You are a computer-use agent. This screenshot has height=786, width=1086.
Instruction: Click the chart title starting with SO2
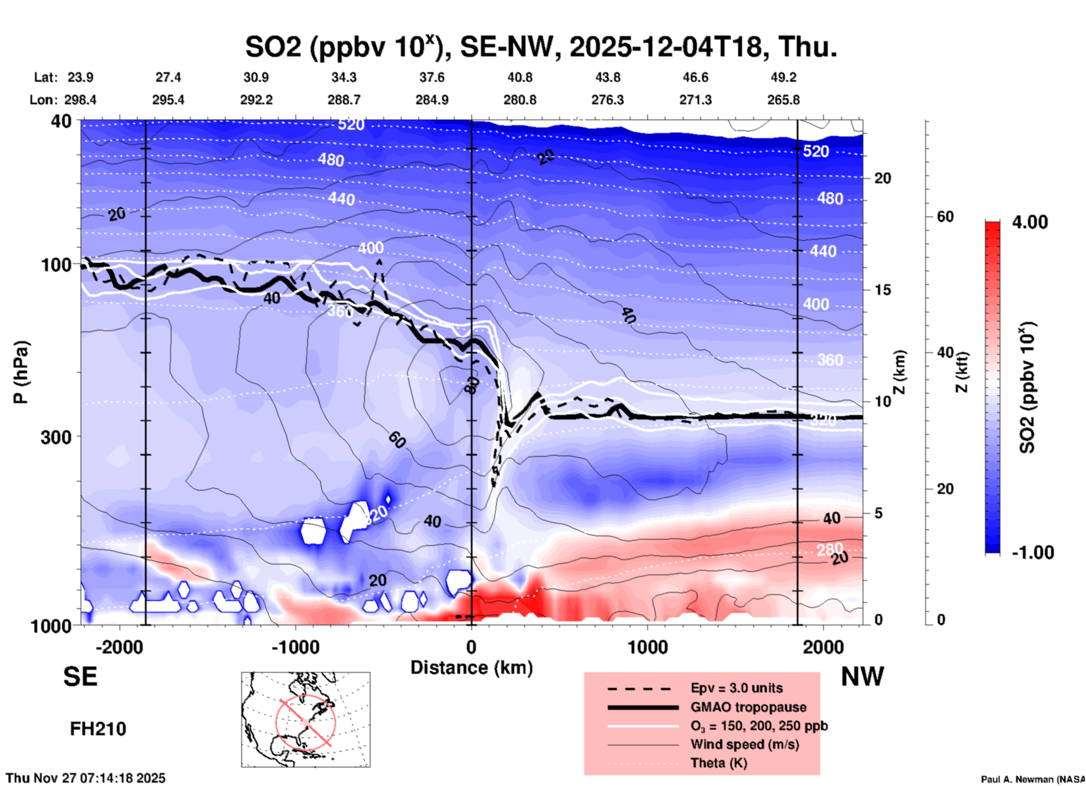coord(541,46)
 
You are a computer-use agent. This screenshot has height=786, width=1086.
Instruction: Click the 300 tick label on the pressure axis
coord(56,437)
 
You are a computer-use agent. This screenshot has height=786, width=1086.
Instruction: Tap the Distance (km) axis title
coord(471,668)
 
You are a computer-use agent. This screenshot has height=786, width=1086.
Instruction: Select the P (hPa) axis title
coord(21,372)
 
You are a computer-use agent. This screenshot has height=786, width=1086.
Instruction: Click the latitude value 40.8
coord(519,77)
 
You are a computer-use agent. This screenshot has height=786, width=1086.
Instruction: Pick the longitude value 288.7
coord(343,100)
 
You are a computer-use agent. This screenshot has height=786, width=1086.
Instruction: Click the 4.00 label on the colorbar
coord(1030,222)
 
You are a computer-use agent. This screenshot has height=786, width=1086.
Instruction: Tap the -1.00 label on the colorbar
coord(1032,553)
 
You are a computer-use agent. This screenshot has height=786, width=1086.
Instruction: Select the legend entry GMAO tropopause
coord(748,707)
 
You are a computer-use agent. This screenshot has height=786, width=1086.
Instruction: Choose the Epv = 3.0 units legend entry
coord(736,688)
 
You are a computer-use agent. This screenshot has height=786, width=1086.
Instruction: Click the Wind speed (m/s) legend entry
coord(744,744)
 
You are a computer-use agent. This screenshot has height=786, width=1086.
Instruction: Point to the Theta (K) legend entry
coord(718,763)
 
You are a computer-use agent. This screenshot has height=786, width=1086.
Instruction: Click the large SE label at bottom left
coord(80,677)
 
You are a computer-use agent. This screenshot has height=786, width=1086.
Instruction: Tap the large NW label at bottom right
coord(862,677)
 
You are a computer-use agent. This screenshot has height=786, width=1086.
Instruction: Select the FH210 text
coord(98,729)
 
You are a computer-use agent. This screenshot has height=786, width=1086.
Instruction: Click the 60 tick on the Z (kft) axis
coord(945,217)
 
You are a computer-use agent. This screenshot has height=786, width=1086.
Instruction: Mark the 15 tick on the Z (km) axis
coord(882,290)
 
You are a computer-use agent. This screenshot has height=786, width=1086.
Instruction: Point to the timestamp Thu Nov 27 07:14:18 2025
coord(86,778)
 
